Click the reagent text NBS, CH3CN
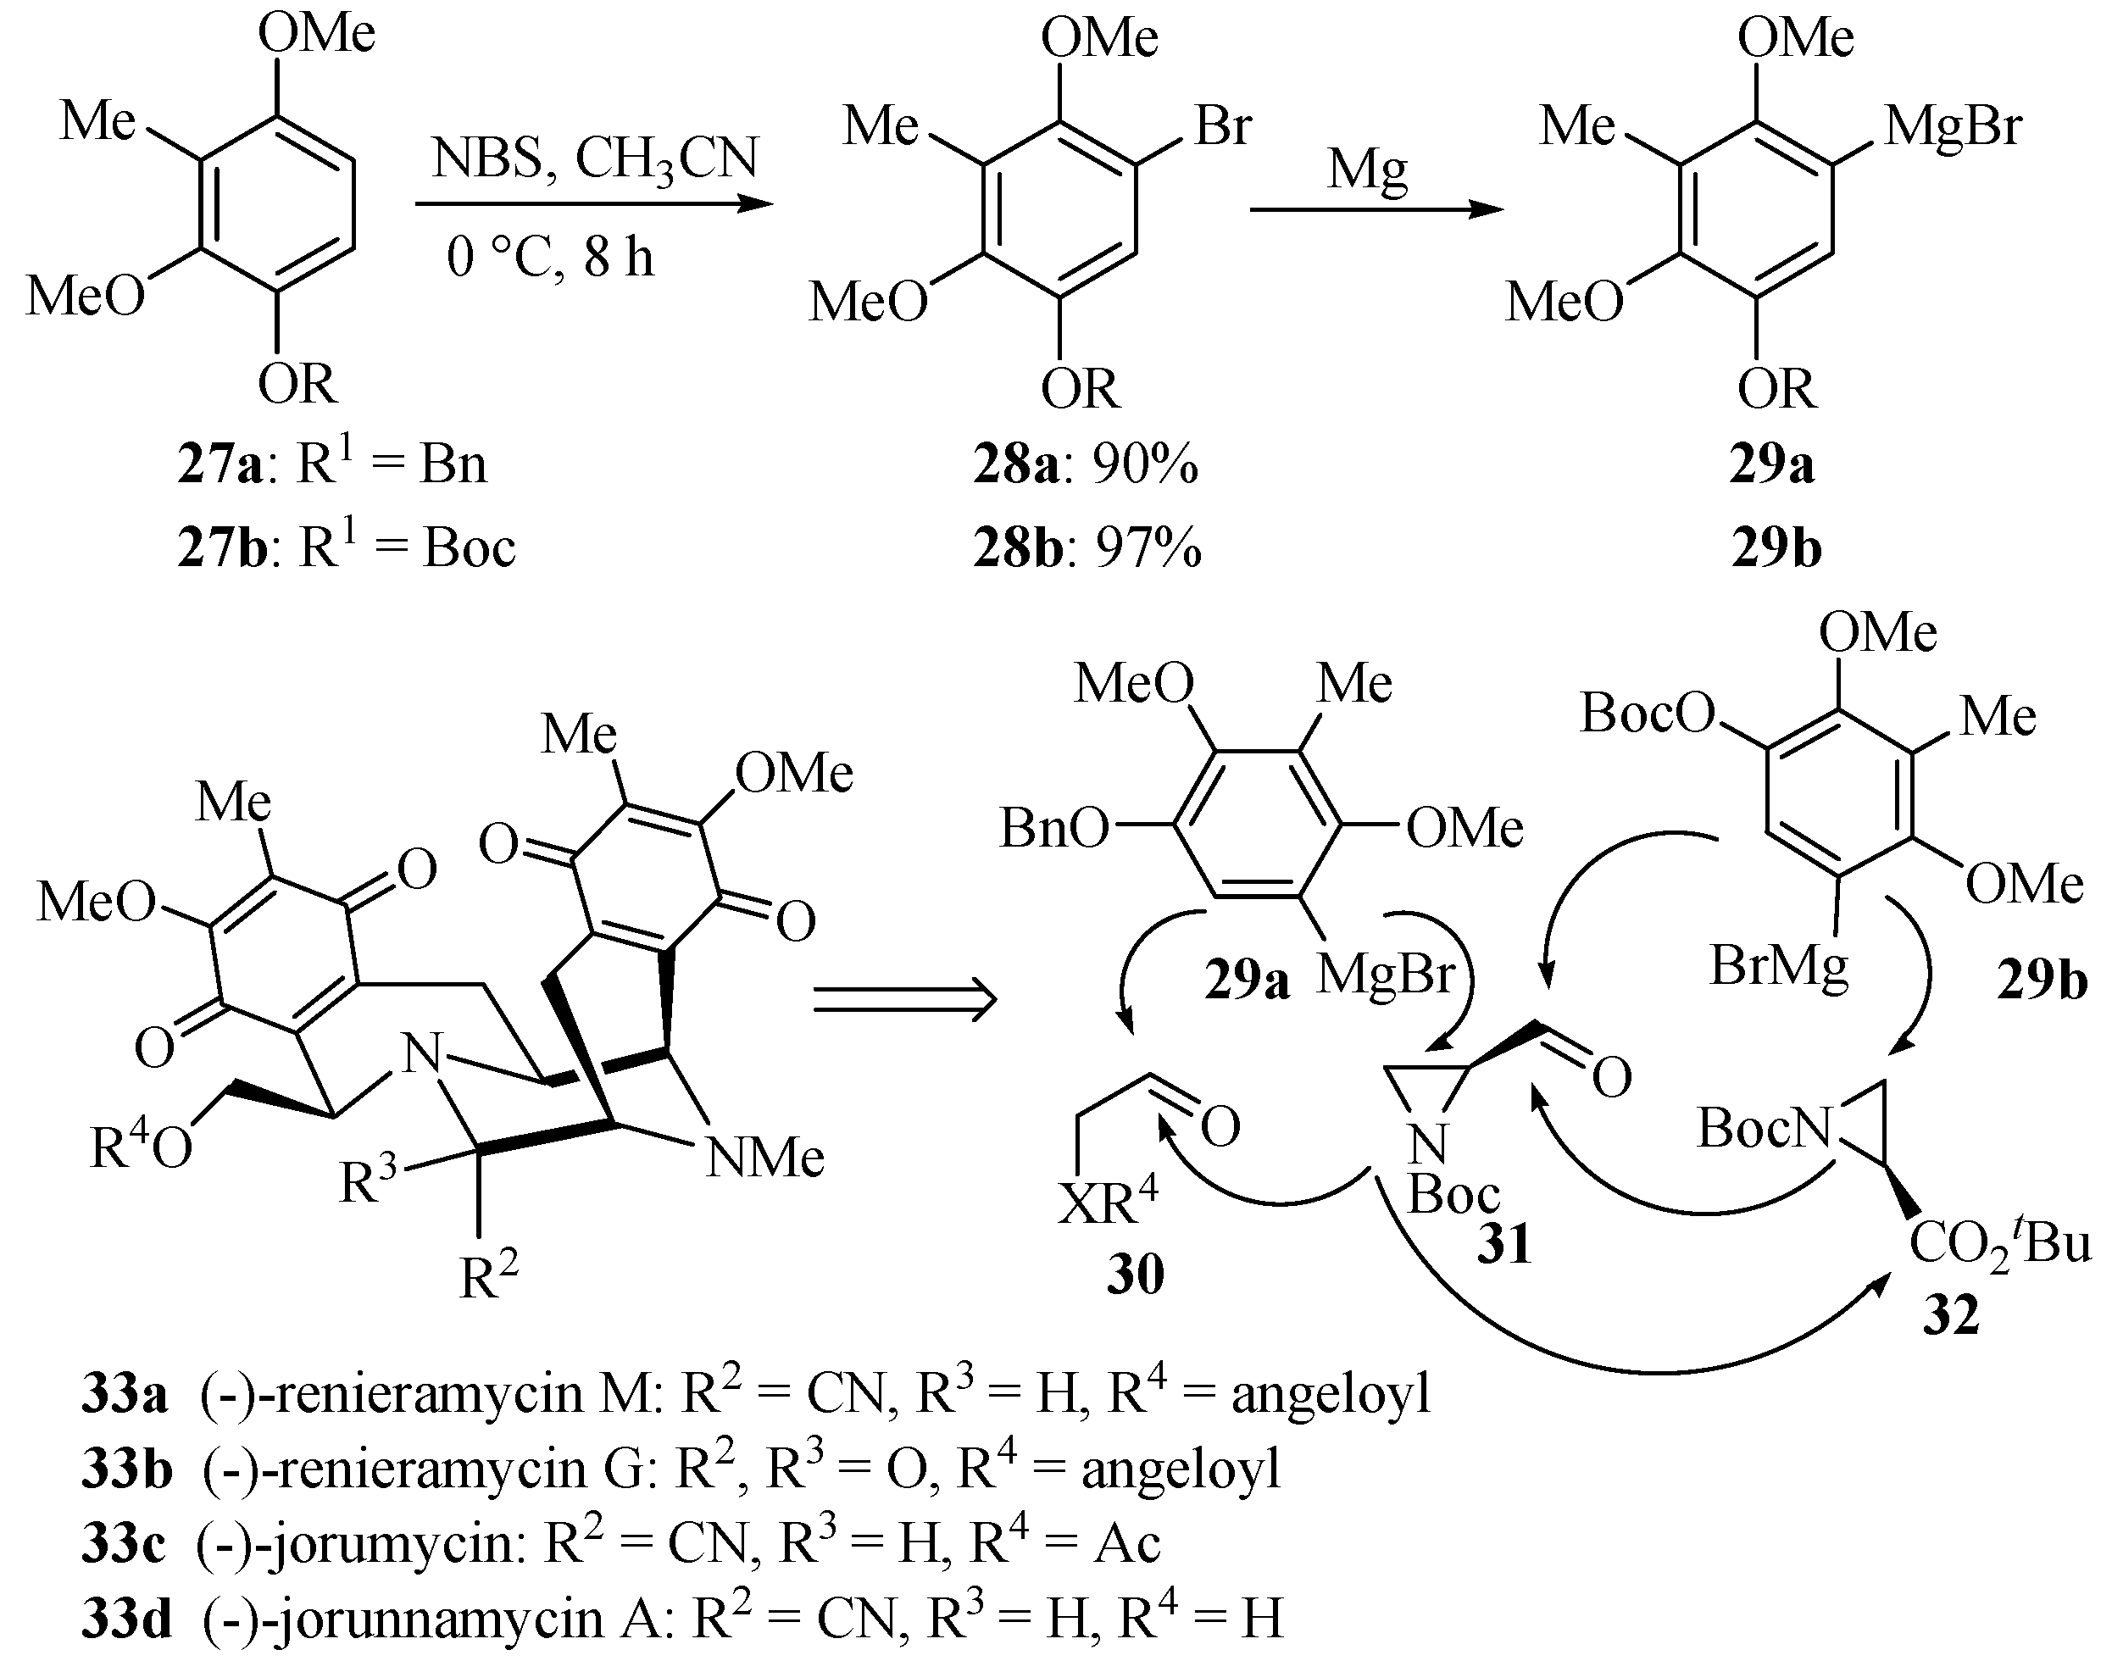tap(595, 158)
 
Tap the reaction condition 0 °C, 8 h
tap(550, 258)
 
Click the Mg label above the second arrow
tap(1368, 171)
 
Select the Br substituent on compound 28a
tap(1222, 126)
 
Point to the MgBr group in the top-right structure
tap(1953, 126)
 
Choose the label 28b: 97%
tap(1087, 548)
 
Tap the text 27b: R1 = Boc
tap(346, 547)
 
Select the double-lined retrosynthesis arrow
tap(904, 1000)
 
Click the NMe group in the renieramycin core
tap(764, 1158)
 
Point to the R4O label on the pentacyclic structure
tap(141, 1147)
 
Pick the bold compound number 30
tap(1135, 1274)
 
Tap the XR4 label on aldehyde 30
tap(1108, 1204)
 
